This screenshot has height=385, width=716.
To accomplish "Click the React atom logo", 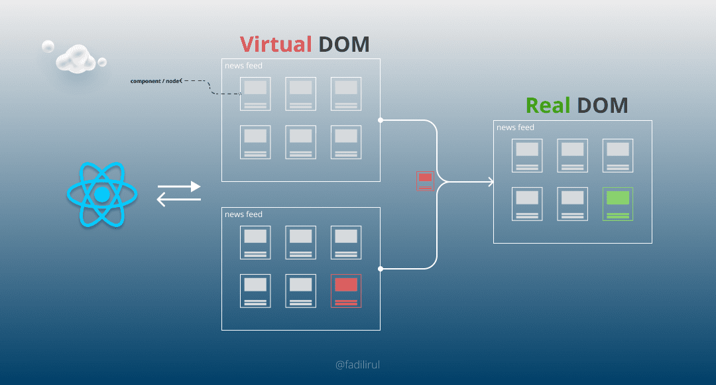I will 101,194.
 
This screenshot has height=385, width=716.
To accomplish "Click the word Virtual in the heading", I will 276,44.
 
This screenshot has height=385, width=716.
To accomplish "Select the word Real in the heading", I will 548,106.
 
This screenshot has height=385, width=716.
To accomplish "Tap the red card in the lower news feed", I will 346,290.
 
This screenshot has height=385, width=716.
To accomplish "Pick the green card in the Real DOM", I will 618,203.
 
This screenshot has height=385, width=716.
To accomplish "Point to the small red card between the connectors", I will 425,181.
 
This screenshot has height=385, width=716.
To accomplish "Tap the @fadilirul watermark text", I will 358,364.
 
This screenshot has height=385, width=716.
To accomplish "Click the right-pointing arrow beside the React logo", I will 179,187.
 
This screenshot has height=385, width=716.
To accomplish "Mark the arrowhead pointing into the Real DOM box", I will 491,182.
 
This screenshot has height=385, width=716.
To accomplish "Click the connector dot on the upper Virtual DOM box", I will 381,120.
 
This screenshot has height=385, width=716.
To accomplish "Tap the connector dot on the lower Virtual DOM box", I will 381,269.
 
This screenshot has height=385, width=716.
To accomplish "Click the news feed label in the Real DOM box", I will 515,127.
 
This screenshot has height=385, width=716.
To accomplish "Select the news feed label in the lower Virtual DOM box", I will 243,214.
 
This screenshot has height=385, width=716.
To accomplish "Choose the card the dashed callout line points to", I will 255,94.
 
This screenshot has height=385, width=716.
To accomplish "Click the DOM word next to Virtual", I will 343,44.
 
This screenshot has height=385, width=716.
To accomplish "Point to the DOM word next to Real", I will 602,106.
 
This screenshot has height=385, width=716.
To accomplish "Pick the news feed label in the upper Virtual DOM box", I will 243,66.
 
